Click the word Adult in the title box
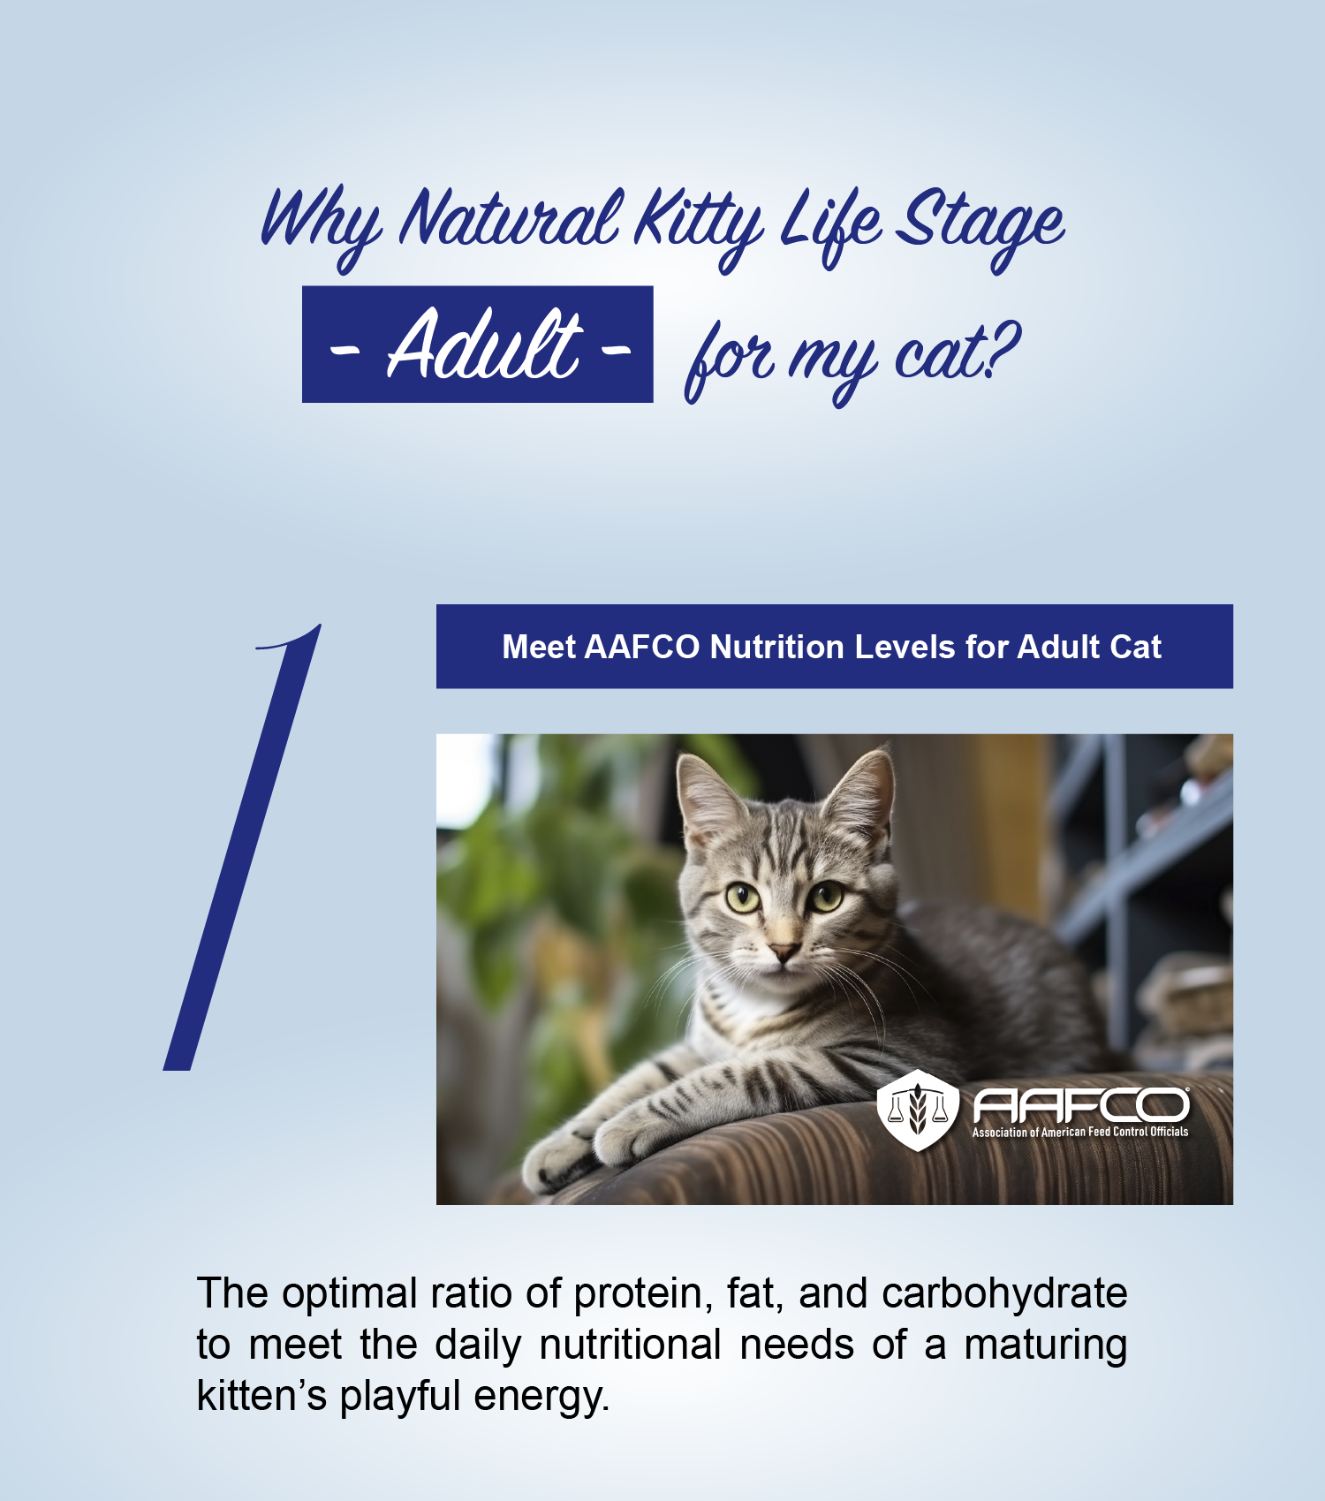(x=484, y=345)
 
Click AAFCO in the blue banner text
(x=641, y=647)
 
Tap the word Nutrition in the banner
(x=777, y=647)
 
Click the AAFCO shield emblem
(x=918, y=1110)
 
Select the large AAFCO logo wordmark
(x=1081, y=1105)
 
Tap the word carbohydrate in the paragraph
(x=1004, y=1294)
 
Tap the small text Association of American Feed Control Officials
(x=1080, y=1132)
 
